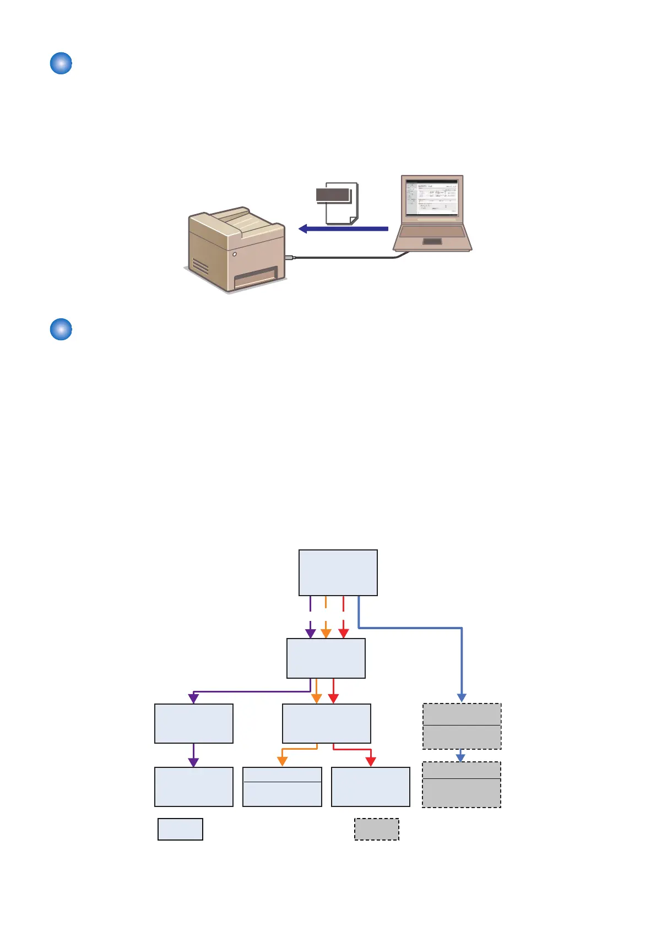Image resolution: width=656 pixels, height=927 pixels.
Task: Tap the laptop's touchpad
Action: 432,241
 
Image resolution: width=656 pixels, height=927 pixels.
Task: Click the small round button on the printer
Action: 235,254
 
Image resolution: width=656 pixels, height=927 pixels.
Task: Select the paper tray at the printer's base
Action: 256,277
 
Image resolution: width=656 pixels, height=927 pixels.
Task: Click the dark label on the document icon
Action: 333,195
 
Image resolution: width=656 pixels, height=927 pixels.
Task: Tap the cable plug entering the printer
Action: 290,257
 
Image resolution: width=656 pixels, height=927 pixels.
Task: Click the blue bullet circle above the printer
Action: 61,63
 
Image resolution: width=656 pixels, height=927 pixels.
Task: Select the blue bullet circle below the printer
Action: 61,329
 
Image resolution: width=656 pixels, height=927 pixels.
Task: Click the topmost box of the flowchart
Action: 338,572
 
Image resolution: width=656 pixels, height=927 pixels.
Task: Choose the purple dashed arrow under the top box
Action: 311,617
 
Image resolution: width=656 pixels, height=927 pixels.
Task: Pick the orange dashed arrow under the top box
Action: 326,617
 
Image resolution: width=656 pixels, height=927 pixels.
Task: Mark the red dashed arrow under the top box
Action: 343,617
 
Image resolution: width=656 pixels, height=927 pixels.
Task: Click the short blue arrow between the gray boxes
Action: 461,755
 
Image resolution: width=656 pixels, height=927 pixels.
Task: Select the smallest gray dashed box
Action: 376,829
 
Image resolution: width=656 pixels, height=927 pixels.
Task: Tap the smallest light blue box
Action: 180,829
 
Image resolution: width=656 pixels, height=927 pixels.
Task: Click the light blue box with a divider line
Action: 282,787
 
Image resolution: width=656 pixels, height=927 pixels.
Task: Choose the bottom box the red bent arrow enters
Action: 371,787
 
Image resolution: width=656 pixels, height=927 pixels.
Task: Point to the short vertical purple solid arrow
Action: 193,755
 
